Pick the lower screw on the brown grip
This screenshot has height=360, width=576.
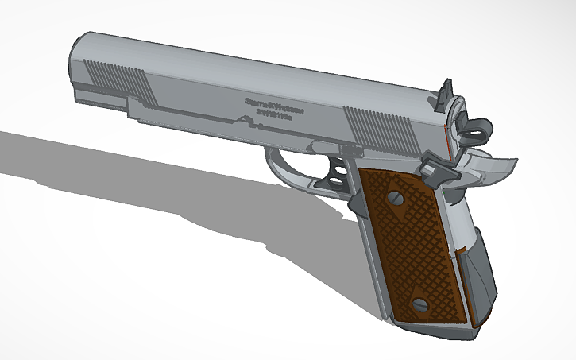click(420, 304)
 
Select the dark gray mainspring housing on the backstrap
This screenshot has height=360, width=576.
click(481, 270)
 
